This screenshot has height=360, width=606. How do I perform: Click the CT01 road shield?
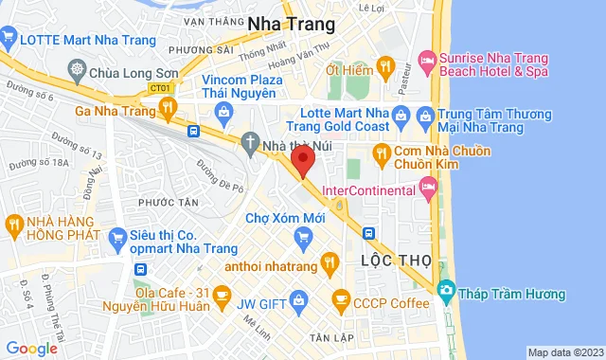click(x=134, y=88)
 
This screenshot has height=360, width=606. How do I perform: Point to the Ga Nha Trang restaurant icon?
click(x=168, y=108)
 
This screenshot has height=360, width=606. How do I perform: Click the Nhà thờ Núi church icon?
click(x=249, y=143)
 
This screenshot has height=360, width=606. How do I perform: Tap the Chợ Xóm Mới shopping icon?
click(x=304, y=233)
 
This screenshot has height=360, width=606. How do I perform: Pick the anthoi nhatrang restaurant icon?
click(x=329, y=262)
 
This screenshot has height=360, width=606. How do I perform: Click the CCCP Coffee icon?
click(x=340, y=300)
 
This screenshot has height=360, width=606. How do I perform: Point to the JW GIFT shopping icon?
click(x=299, y=303)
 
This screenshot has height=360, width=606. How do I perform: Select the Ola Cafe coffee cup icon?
click(x=221, y=297)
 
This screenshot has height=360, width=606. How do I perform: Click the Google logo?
click(x=31, y=349)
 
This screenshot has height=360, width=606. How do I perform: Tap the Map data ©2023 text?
click(x=564, y=352)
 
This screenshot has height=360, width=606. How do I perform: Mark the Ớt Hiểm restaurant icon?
click(x=384, y=66)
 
